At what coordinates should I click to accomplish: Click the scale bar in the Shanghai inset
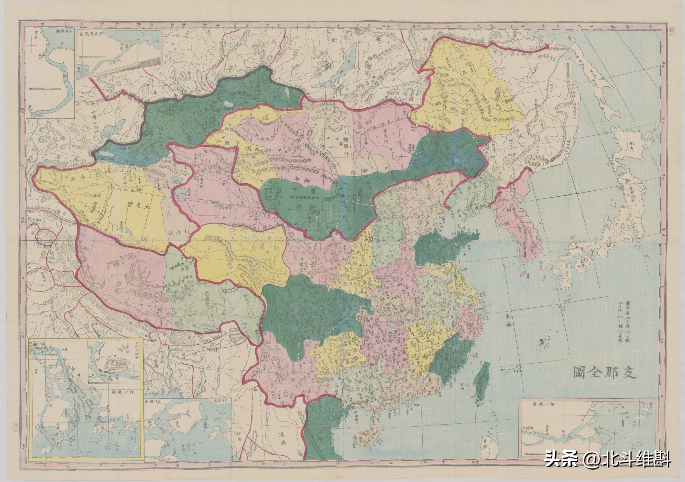[x=45, y=89]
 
